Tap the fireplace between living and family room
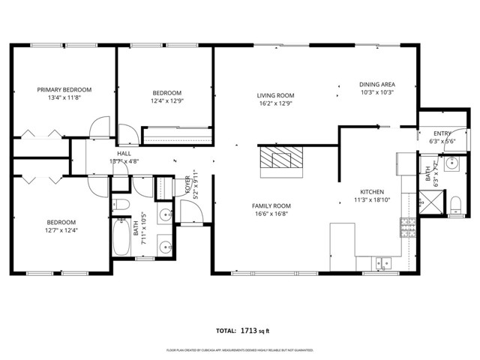coord(282,160)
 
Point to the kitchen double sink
coord(384,262)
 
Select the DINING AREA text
coord(377,84)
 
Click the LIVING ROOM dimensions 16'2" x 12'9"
coord(275,104)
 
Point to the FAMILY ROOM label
coord(271,205)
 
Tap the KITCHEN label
coord(372,191)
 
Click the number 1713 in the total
coord(250,330)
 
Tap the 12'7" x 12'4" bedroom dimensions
coord(61,231)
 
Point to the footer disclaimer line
coord(240,350)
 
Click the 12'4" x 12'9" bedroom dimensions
coord(166,101)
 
